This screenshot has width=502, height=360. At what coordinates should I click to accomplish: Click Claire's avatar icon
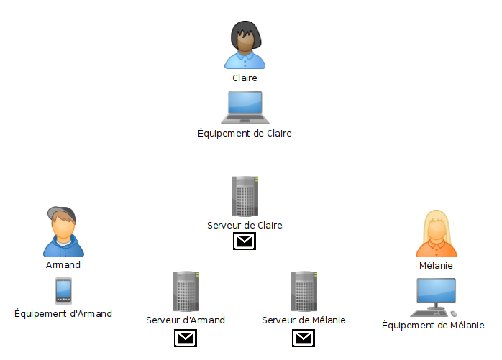[245, 45]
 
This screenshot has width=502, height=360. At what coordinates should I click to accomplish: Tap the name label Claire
[245, 78]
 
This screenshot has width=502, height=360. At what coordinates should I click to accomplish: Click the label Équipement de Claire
[245, 133]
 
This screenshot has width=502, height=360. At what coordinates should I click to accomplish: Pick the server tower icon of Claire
[245, 196]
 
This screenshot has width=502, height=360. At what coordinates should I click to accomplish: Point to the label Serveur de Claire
[245, 225]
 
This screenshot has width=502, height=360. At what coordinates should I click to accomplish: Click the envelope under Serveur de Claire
[245, 241]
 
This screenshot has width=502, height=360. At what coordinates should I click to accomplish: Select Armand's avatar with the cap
[63, 232]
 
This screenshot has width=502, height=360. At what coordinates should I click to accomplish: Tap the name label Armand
[63, 264]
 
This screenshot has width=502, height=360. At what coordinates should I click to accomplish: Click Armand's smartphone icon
[63, 291]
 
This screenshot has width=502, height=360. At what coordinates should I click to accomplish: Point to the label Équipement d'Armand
[63, 313]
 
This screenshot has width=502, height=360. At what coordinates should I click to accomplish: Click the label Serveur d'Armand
[186, 320]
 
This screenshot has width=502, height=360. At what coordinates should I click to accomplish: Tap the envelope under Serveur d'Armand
[186, 338]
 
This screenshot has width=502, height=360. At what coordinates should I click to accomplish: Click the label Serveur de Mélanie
[304, 320]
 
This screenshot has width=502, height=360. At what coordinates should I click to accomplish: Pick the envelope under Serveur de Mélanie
[304, 338]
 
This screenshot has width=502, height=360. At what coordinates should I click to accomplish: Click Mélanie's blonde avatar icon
[436, 234]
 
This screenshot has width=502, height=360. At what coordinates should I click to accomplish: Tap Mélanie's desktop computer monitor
[436, 293]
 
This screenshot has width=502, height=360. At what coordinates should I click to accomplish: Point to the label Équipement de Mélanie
[433, 325]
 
